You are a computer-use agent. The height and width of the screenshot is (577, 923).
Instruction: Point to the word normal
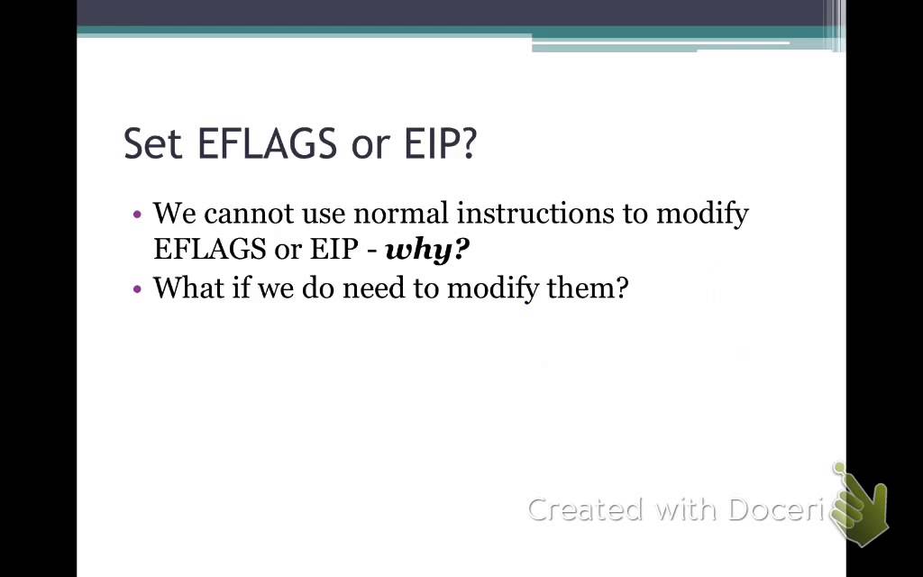click(401, 214)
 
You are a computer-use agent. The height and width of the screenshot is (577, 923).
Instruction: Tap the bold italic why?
click(427, 250)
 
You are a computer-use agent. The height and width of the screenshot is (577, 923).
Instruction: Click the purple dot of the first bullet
click(137, 215)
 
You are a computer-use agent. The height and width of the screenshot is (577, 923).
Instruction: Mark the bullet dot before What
click(137, 289)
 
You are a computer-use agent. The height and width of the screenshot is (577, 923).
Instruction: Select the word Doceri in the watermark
click(776, 509)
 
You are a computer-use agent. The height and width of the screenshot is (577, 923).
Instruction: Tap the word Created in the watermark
click(587, 509)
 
